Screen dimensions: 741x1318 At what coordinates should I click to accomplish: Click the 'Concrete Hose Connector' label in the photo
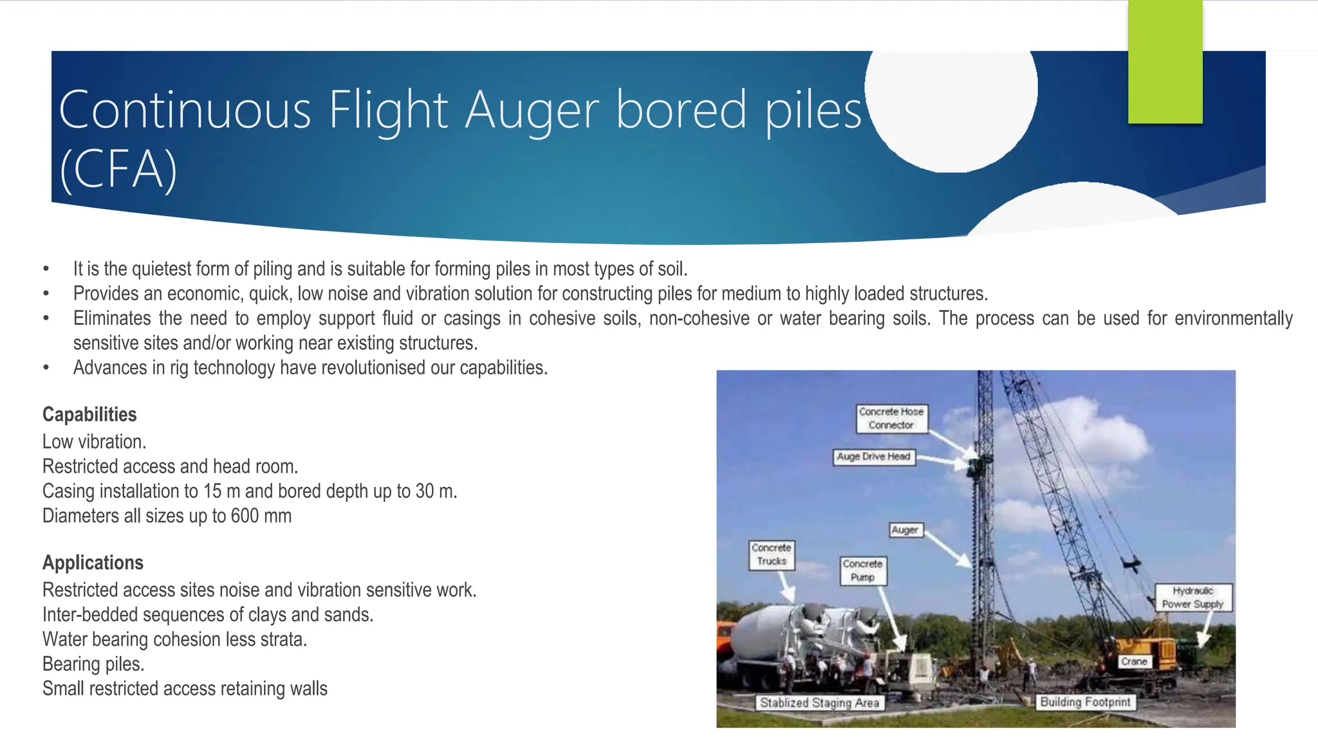891,418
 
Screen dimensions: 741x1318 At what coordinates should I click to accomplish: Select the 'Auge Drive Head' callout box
873,457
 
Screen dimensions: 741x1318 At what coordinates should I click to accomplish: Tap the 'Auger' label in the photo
904,530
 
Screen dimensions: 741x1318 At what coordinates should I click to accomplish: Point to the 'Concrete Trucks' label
771,554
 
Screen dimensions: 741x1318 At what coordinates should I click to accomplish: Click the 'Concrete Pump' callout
862,571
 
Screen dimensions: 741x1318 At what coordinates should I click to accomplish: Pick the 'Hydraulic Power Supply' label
1193,598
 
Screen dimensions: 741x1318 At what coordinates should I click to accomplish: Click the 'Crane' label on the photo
1133,661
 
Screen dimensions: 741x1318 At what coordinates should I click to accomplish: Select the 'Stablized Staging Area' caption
819,703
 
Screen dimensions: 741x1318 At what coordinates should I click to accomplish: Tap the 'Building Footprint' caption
1085,702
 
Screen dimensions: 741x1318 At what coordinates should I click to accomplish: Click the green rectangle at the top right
1165,62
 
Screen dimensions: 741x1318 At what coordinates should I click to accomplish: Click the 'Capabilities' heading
89,415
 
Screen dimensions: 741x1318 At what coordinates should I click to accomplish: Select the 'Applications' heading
93,563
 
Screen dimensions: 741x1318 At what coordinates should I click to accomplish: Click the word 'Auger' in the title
532,111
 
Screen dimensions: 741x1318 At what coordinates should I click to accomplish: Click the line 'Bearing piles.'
93,664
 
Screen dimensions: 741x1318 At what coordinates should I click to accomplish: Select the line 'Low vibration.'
94,442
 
